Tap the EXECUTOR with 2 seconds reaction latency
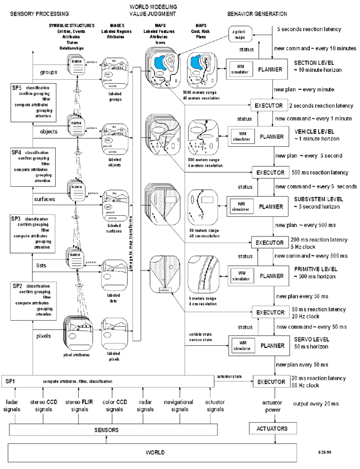click(x=268, y=104)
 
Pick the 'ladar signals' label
click(x=13, y=405)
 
